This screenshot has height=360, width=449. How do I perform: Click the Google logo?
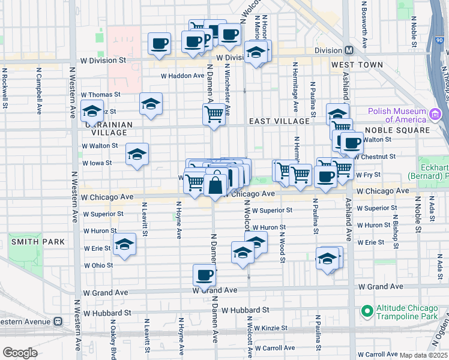(20, 352)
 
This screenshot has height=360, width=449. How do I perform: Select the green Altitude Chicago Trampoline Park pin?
(366, 311)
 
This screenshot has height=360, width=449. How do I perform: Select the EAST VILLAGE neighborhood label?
(279, 121)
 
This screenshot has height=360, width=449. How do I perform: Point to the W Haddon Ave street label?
(182, 76)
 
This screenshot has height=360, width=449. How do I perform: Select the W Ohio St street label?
(98, 265)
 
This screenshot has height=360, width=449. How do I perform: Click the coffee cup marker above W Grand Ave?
(204, 275)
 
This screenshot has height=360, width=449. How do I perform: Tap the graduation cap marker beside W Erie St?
(124, 245)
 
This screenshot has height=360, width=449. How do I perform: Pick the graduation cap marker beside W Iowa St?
(137, 155)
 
